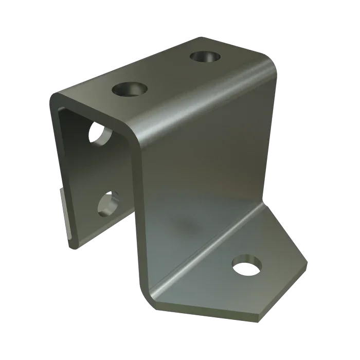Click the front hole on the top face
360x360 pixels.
tap(127, 91)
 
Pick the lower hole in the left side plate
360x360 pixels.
tap(109, 204)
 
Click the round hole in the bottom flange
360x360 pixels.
tap(246, 266)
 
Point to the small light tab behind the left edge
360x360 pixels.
tap(65, 211)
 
